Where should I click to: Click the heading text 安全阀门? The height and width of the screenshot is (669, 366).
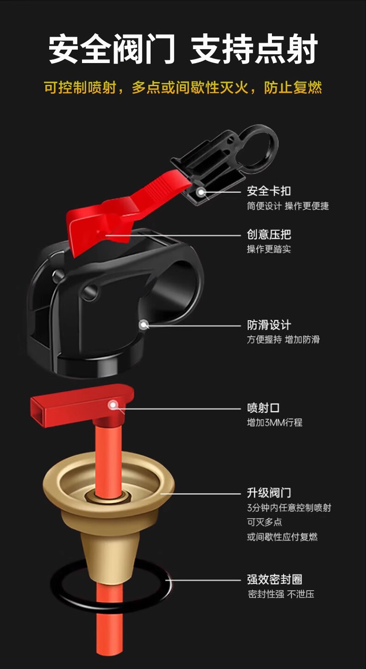tap(112, 50)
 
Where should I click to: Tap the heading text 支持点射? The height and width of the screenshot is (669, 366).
tap(253, 50)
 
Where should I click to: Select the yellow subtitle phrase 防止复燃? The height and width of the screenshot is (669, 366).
tap(293, 88)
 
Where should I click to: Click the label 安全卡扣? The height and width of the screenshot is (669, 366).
tap(269, 191)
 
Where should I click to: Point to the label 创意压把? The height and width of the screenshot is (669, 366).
tap(269, 235)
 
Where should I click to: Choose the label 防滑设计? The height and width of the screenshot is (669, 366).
tap(269, 325)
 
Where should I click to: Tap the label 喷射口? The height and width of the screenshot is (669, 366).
tap(263, 408)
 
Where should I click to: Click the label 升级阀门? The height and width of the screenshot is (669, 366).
tap(269, 492)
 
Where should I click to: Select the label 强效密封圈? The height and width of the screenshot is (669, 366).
tap(274, 579)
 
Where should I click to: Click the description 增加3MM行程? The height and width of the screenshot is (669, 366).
tap(274, 422)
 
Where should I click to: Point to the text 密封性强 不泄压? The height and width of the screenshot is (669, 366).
tap(281, 594)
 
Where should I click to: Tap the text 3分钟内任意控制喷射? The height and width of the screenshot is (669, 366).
tap(289, 508)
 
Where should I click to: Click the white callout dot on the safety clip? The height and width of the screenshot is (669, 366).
tap(200, 191)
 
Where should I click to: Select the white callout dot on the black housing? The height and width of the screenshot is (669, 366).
tap(144, 325)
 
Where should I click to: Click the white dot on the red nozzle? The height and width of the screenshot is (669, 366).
tap(112, 405)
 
